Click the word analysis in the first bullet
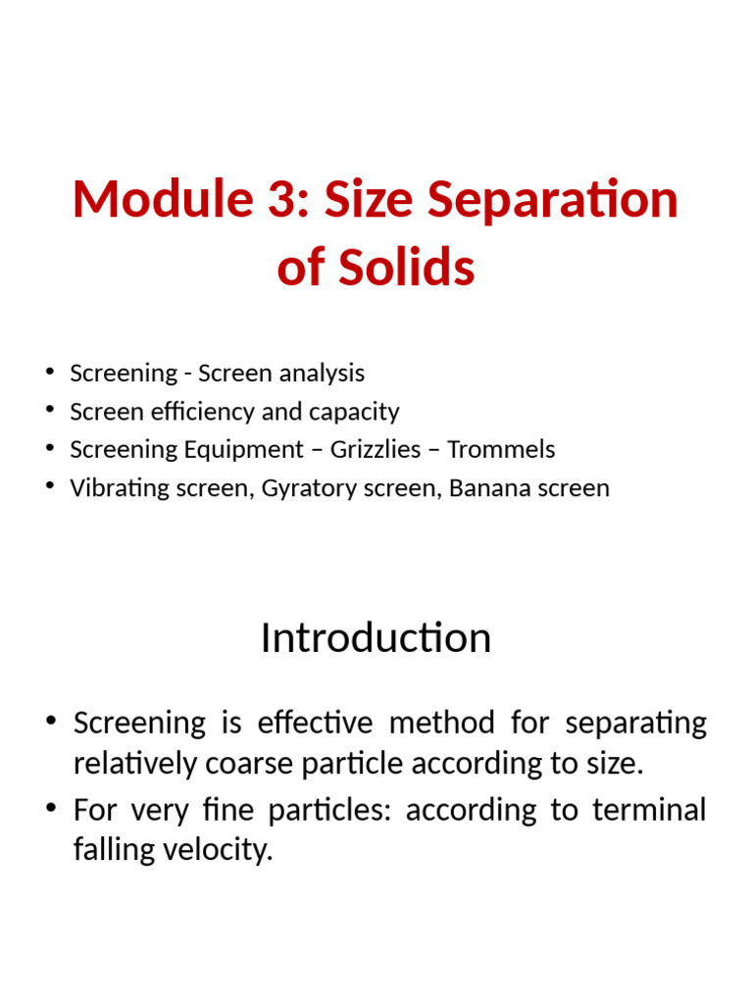pyautogui.click(x=323, y=374)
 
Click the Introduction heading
pyautogui.click(x=376, y=638)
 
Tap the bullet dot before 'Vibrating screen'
pyautogui.click(x=49, y=487)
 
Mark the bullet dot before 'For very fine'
pyautogui.click(x=51, y=809)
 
